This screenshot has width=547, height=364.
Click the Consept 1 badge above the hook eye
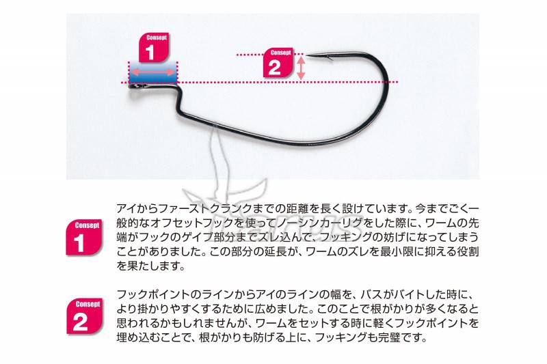(x=154, y=48)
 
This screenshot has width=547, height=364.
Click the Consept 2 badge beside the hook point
(x=278, y=63)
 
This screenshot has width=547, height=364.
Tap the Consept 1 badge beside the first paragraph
(x=84, y=238)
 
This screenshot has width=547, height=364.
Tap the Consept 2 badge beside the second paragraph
(x=85, y=316)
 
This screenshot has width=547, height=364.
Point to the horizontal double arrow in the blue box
(x=152, y=72)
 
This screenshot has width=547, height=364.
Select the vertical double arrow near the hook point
(x=301, y=68)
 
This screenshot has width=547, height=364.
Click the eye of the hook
(x=133, y=85)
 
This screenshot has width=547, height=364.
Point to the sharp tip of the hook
(x=307, y=56)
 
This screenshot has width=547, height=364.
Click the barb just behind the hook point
(x=330, y=59)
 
